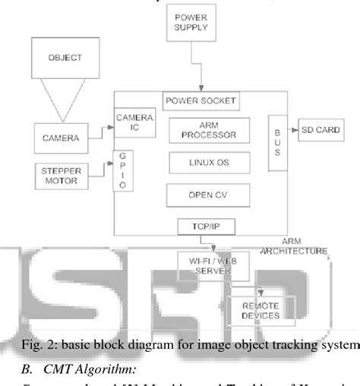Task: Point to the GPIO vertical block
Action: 119,171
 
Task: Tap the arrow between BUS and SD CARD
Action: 292,130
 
